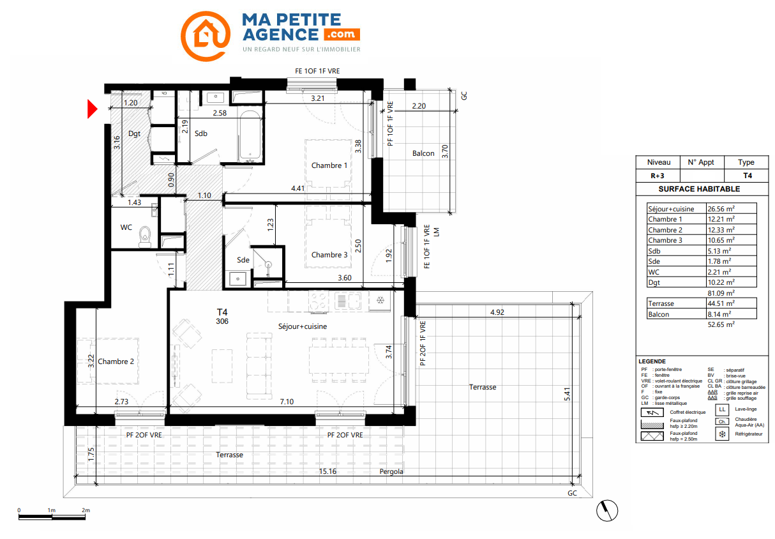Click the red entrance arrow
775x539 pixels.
[x=92, y=109]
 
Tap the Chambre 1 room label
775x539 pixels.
[x=329, y=165]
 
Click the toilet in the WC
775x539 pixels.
[x=145, y=236]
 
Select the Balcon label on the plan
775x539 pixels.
[x=423, y=153]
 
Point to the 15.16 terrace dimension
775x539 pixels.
[x=327, y=471]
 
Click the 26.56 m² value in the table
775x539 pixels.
[x=721, y=209]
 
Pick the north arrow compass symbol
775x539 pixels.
[x=607, y=510]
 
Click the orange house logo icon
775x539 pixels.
[x=206, y=36]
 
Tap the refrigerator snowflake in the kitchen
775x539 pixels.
[x=380, y=300]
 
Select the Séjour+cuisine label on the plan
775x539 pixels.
[x=303, y=326]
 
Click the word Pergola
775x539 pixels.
[x=391, y=471]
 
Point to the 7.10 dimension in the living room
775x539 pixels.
[x=287, y=402]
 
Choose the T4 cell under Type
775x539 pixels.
[x=748, y=176]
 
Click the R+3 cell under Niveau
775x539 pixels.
[x=658, y=176]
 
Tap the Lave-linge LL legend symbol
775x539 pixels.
[x=722, y=409]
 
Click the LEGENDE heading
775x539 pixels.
[x=652, y=361]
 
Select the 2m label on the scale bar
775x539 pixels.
[x=86, y=510]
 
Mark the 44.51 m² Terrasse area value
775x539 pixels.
[x=721, y=303]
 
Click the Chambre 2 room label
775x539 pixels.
[x=116, y=361]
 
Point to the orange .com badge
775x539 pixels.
[x=342, y=34]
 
